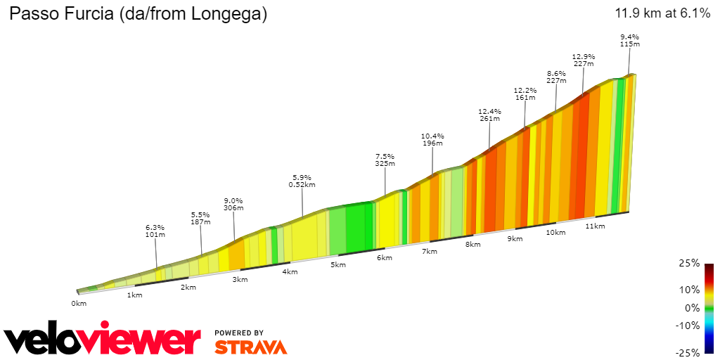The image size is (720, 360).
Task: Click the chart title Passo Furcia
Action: click(x=138, y=14)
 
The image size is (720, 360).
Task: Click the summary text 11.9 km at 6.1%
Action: click(x=662, y=13)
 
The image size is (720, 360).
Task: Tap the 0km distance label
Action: click(x=78, y=303)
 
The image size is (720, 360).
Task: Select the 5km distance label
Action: click(x=338, y=264)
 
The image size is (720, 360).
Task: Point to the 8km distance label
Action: click(x=472, y=244)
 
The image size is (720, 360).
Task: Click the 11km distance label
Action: click(x=595, y=226)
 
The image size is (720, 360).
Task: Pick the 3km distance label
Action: click(x=240, y=279)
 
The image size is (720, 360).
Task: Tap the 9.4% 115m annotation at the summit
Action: click(x=629, y=40)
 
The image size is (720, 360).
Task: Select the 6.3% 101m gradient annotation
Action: click(x=155, y=231)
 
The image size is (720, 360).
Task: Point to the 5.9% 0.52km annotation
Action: click(x=302, y=181)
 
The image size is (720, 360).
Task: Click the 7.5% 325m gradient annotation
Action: click(x=385, y=160)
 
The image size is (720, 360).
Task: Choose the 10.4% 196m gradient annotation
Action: click(x=432, y=139)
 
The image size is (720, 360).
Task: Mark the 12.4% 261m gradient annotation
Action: click(x=489, y=115)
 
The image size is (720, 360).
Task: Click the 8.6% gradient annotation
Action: click(x=556, y=77)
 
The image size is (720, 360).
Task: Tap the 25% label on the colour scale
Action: click(x=690, y=263)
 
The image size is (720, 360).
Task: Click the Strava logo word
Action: click(x=250, y=347)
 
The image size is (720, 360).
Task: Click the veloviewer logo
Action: click(x=103, y=341)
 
